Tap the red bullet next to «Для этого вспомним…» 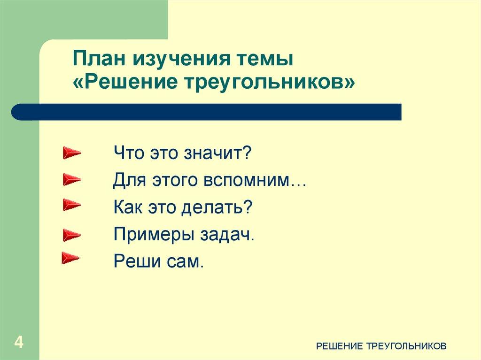click(x=71, y=179)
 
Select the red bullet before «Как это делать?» click(x=71, y=205)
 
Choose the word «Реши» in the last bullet click(x=133, y=261)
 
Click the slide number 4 click(x=19, y=342)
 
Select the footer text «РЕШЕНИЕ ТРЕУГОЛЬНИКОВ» click(x=381, y=346)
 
